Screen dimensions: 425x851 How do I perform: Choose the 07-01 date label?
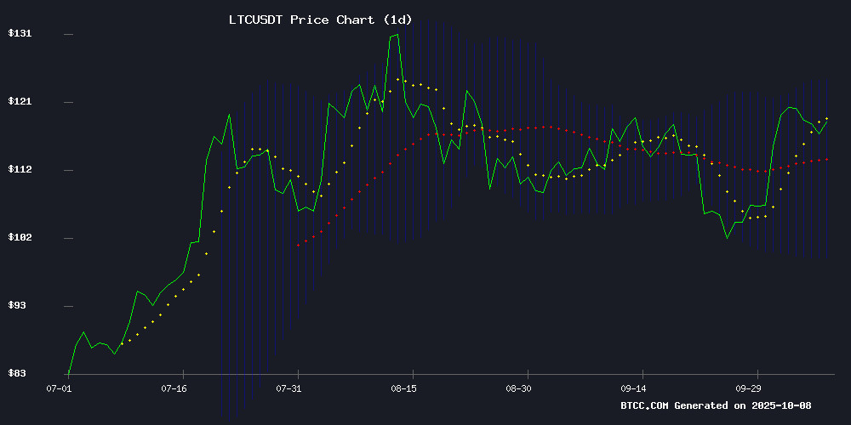(60, 388)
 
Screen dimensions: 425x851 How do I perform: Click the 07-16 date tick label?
(174, 388)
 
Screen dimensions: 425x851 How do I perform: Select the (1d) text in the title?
(398, 20)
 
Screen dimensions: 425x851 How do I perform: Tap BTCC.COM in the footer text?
(644, 405)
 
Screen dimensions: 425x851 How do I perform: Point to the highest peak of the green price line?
(397, 35)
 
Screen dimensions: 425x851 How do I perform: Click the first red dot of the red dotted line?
(298, 245)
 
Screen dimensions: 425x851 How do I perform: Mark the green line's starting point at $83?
(68, 372)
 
